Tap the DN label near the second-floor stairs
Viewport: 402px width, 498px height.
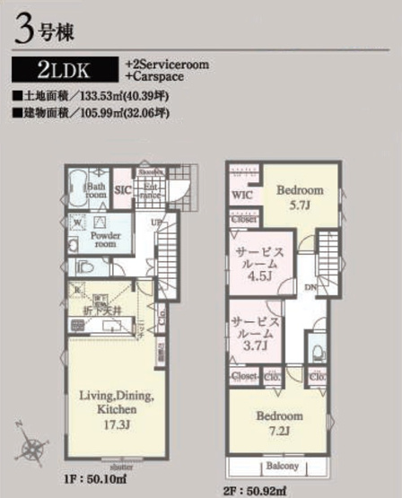click(309, 287)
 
